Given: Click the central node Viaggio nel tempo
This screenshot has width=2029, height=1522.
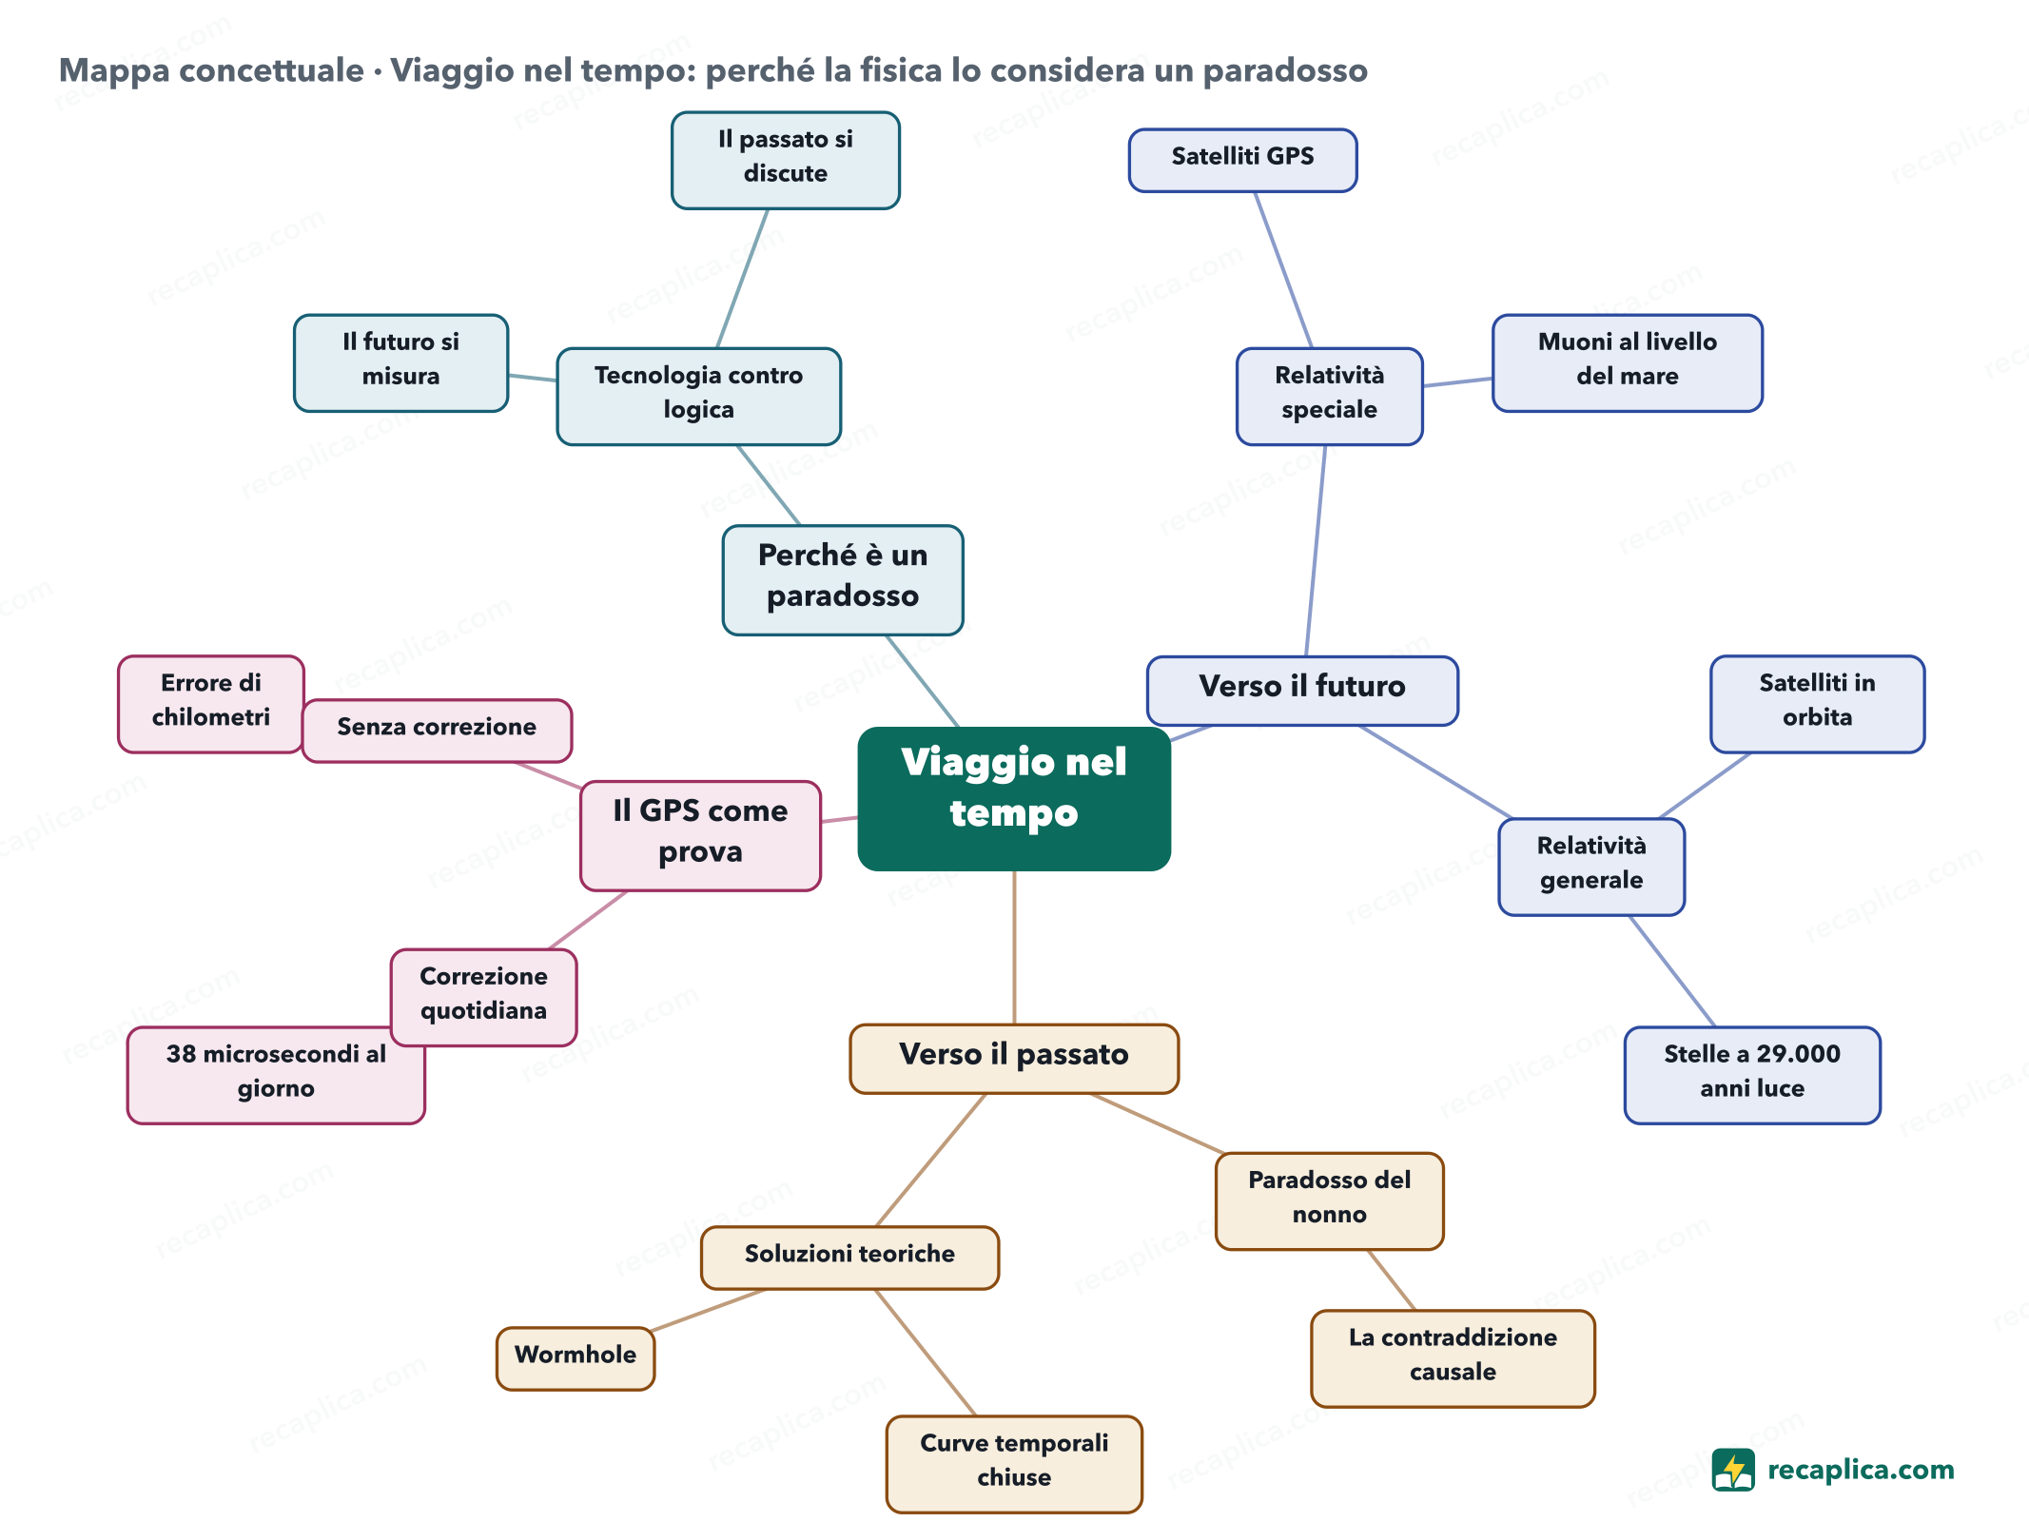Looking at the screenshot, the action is click(x=1014, y=799).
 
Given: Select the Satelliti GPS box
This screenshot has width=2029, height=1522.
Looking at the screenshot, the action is click(x=1242, y=160).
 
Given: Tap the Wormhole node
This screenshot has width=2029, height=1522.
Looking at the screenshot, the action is click(x=576, y=1358).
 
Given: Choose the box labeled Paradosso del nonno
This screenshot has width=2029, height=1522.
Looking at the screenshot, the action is click(x=1329, y=1200).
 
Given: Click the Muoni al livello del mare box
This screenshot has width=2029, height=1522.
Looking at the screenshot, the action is click(x=1627, y=362).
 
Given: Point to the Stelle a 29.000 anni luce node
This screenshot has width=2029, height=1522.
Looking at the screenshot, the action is click(x=1752, y=1075).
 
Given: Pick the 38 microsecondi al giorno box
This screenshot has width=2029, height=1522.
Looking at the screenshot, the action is click(x=276, y=1075).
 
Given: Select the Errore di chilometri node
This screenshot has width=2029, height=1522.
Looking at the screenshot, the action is click(x=211, y=704).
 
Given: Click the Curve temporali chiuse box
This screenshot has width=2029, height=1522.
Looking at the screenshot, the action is click(x=1014, y=1464).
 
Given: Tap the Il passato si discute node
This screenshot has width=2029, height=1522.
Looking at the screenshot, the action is click(x=786, y=160).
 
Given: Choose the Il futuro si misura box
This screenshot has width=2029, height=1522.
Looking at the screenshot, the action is click(x=400, y=362).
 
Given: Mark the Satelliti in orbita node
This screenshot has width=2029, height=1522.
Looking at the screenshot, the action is click(x=1817, y=704).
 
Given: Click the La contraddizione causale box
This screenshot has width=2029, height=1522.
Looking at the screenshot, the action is click(x=1453, y=1358).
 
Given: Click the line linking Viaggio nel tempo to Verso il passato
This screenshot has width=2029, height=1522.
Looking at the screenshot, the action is click(x=1014, y=947).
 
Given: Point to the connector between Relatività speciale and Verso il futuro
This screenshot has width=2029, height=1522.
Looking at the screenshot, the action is click(x=1316, y=551).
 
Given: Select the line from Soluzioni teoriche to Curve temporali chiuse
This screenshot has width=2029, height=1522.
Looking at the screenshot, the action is click(x=926, y=1353).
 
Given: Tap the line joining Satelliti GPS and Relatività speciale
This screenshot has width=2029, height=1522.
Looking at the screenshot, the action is click(x=1283, y=270).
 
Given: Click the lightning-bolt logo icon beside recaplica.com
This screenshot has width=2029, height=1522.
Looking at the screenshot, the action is click(x=1733, y=1470).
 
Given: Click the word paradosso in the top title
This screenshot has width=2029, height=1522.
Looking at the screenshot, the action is click(x=1285, y=70).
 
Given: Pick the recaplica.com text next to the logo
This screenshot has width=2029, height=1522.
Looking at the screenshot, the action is click(x=1861, y=1470).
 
